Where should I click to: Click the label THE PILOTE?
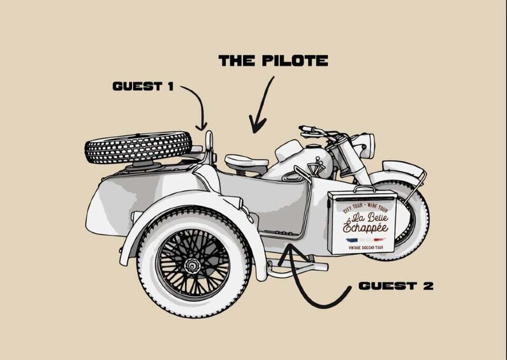[x=273, y=62]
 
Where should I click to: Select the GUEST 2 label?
[x=396, y=285]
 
